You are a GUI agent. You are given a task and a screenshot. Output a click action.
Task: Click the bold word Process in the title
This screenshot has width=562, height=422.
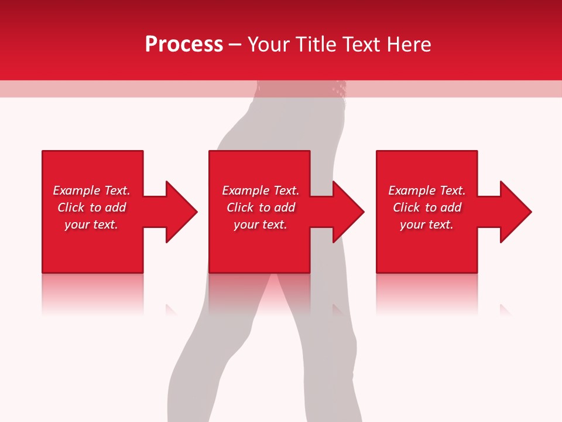coord(184,45)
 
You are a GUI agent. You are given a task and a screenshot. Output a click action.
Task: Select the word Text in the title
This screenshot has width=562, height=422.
coord(361,45)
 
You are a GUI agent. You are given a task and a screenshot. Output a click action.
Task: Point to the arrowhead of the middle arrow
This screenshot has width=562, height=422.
coord(348,212)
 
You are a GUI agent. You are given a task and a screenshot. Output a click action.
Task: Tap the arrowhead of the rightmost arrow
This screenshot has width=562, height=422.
coord(515,212)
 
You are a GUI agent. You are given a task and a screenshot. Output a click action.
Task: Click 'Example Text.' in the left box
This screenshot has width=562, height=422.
coord(91,190)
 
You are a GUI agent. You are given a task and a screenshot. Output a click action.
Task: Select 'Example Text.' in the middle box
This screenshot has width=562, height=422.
coord(261,190)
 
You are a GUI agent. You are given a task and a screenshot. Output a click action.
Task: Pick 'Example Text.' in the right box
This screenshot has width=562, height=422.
coord(427,190)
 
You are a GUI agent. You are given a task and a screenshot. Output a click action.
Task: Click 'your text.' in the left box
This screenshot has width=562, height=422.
coord(91,224)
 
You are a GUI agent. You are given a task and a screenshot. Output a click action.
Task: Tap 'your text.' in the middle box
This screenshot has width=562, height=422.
coord(261,224)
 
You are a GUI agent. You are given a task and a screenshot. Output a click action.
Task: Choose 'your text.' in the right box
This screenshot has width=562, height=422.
coord(427,224)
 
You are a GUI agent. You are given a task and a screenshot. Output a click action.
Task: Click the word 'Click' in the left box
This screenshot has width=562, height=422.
coord(71,207)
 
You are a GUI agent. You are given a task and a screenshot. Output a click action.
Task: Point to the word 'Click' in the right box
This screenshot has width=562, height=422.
coord(406,207)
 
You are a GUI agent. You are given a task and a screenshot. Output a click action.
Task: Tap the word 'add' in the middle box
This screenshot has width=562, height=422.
coord(285,207)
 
